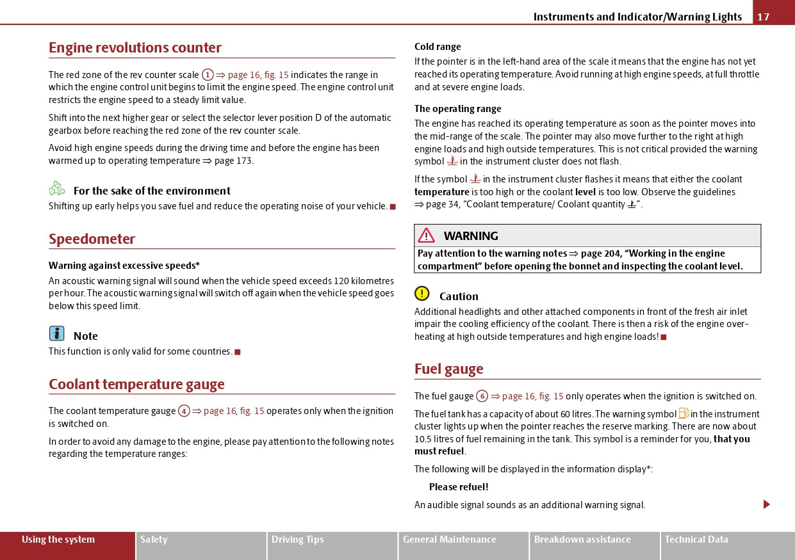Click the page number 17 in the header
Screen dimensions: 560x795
[764, 17]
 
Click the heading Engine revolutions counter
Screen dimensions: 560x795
[135, 48]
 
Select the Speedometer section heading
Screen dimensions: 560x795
[92, 239]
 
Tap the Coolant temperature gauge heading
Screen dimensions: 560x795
[136, 385]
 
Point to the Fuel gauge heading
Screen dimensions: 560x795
[448, 369]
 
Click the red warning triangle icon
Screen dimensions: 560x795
[427, 236]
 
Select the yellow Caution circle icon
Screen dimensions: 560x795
[422, 294]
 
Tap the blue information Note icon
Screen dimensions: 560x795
[57, 333]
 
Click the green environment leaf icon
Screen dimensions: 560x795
[57, 189]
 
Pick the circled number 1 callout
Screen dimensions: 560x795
[208, 75]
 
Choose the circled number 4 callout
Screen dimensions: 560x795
[184, 411]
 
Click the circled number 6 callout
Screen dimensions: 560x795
[482, 396]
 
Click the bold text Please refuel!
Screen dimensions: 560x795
[459, 487]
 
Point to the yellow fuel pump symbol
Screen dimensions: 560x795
[683, 413]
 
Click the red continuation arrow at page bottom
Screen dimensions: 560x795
[766, 504]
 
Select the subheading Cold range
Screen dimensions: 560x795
[438, 47]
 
